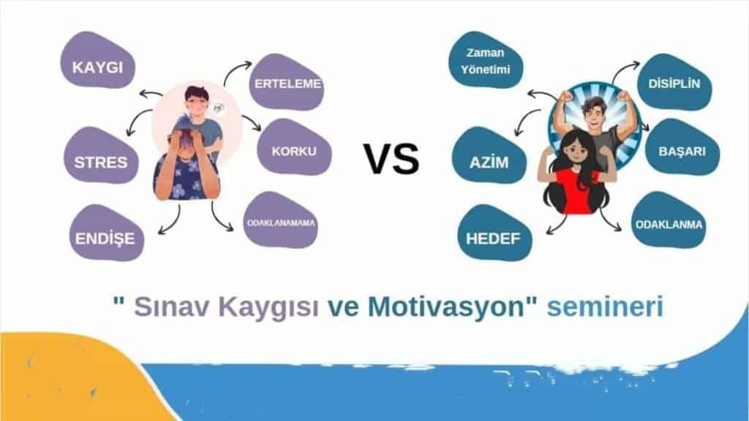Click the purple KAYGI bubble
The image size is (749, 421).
pos(98,60)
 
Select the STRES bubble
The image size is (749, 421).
pos(101,155)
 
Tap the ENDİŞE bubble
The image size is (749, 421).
pos(106,233)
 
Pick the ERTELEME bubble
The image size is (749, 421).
pos(287,82)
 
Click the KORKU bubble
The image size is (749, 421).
pos(294,147)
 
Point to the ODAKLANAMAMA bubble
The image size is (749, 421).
pos(281,220)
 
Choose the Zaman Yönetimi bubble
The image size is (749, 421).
pos(486,60)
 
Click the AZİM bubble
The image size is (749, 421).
pos(489,155)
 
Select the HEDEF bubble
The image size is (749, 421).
pos(494,233)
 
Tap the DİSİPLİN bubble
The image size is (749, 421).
pos(674,82)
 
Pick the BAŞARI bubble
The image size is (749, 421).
pos(682,147)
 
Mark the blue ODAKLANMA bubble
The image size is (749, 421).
pos(669,220)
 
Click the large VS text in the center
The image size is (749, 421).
pos(392,158)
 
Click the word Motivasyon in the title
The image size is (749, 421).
pos(448,306)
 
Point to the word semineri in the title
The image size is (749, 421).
pos(605,306)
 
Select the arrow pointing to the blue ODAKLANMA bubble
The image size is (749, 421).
pos(608,220)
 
